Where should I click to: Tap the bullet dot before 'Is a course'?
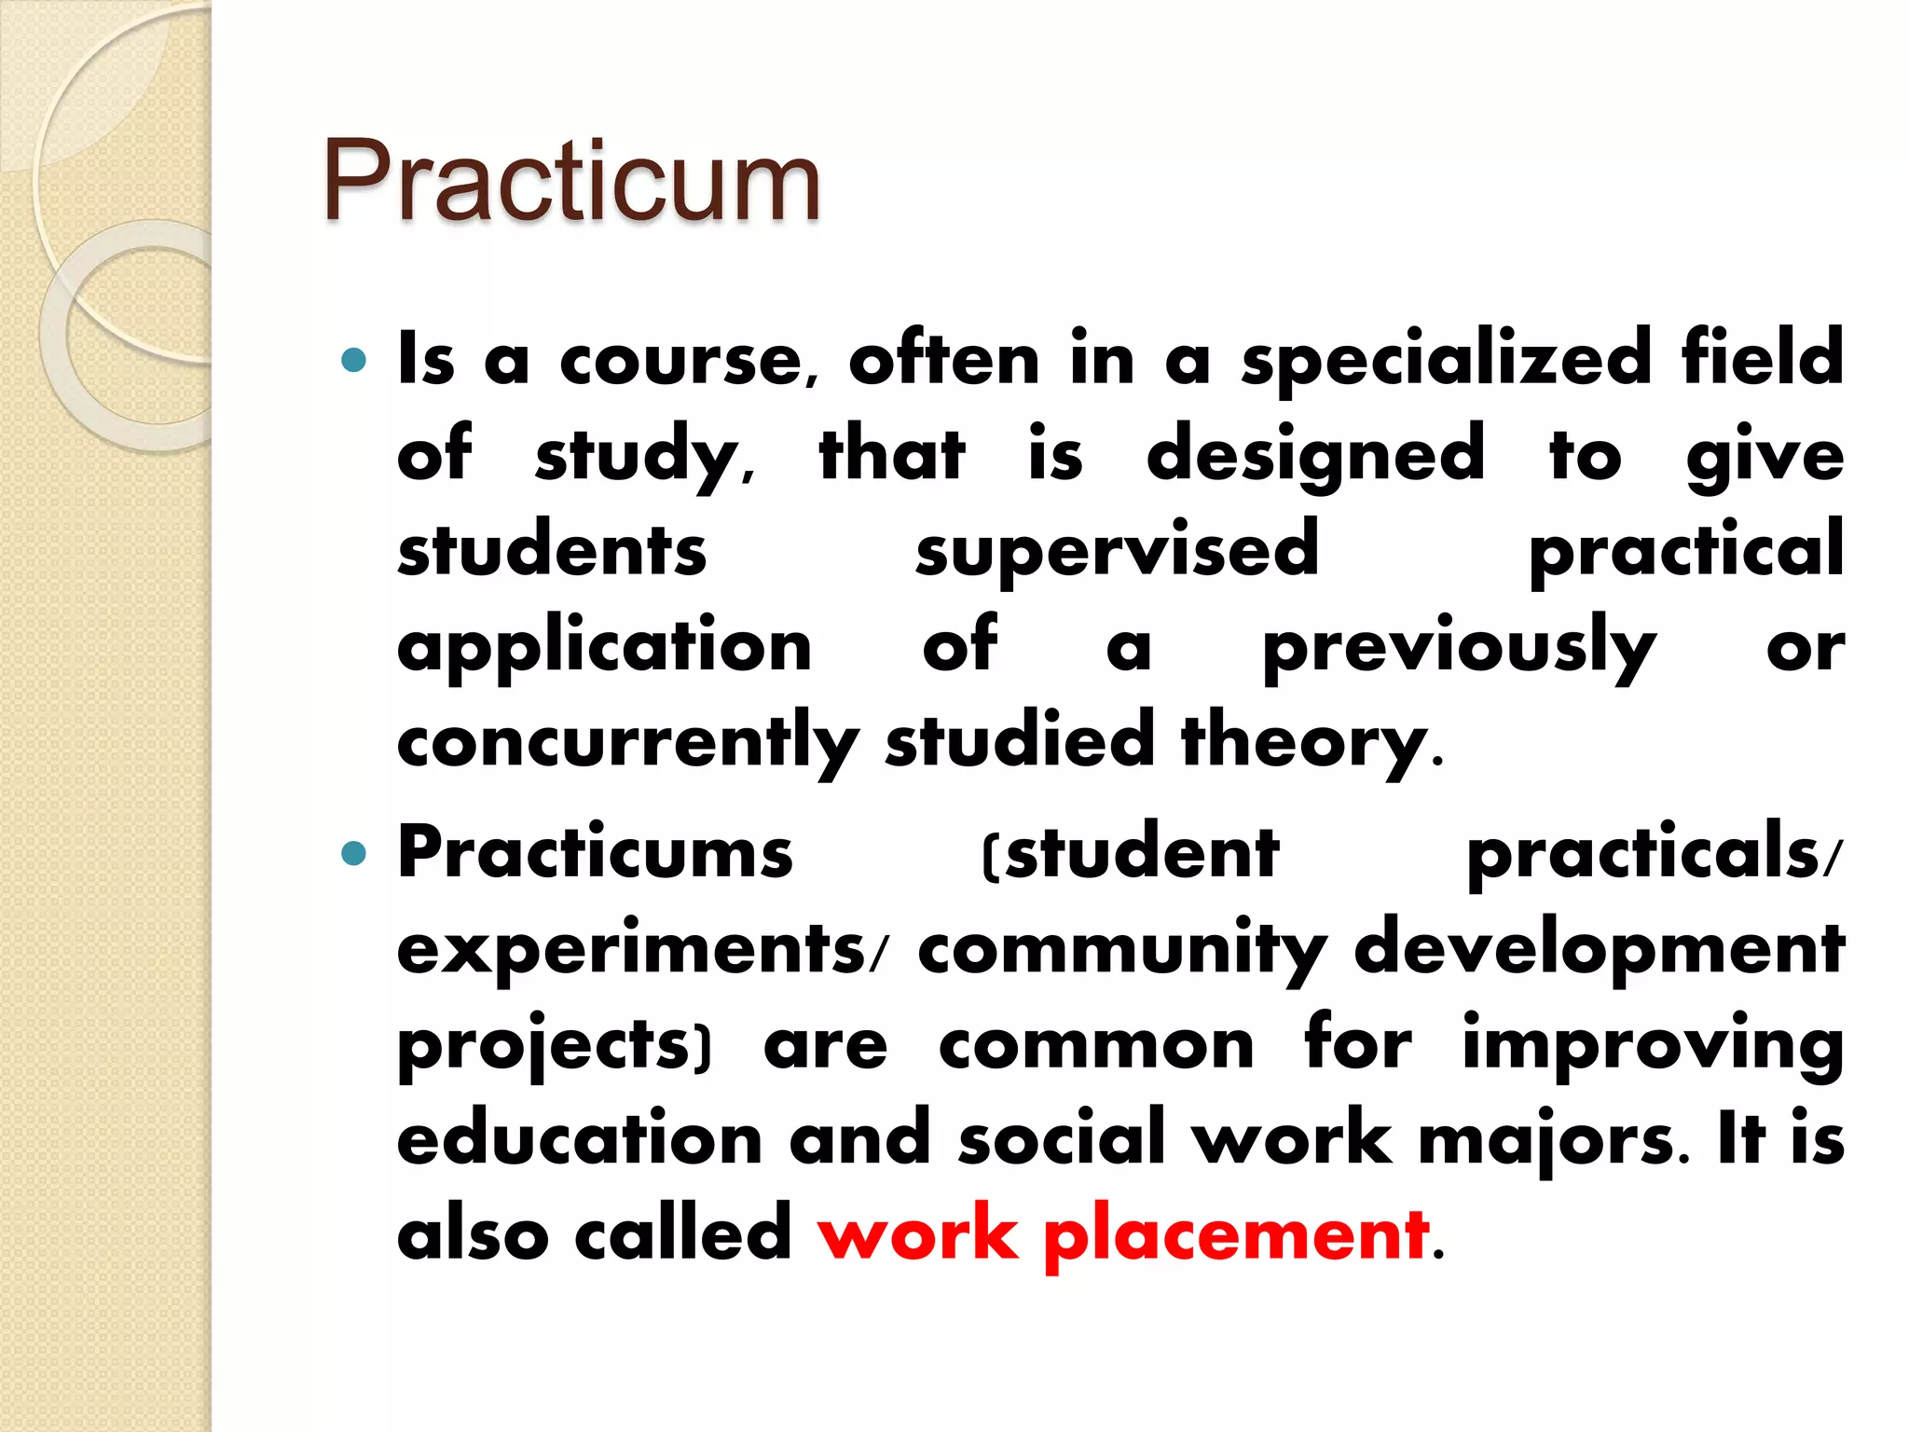point(354,360)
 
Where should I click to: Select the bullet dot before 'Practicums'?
point(354,852)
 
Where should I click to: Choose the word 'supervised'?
point(1117,552)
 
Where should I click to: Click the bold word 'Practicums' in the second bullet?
point(595,852)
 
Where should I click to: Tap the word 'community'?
point(1122,949)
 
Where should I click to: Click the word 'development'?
point(1599,949)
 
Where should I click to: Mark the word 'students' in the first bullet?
point(552,550)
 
